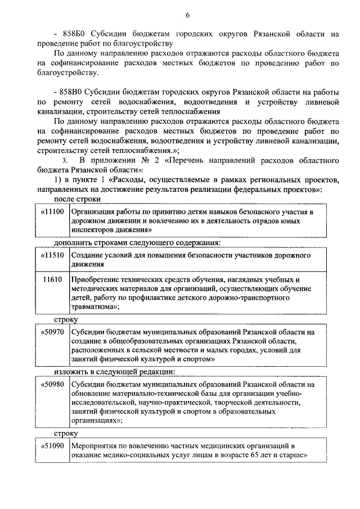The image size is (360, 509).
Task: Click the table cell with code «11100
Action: pyautogui.click(x=52, y=212)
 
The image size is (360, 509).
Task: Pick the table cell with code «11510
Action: pyautogui.click(x=52, y=255)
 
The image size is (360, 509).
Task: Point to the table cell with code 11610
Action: pyautogui.click(x=52, y=280)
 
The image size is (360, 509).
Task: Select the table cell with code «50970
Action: pyautogui.click(x=52, y=332)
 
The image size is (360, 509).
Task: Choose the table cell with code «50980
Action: pyautogui.click(x=52, y=384)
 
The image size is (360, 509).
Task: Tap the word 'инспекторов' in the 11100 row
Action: pyautogui.click(x=92, y=230)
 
